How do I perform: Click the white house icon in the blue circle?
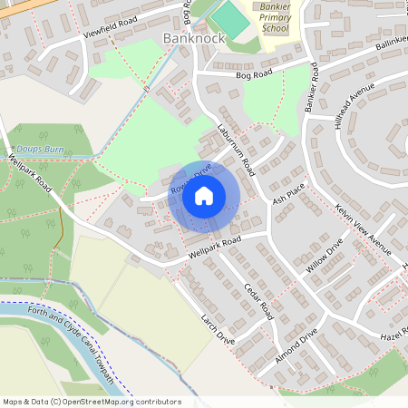click(x=204, y=196)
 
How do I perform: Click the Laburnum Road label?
click(x=236, y=149)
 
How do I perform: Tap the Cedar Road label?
click(x=257, y=299)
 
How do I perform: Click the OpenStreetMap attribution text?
click(x=92, y=402)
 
